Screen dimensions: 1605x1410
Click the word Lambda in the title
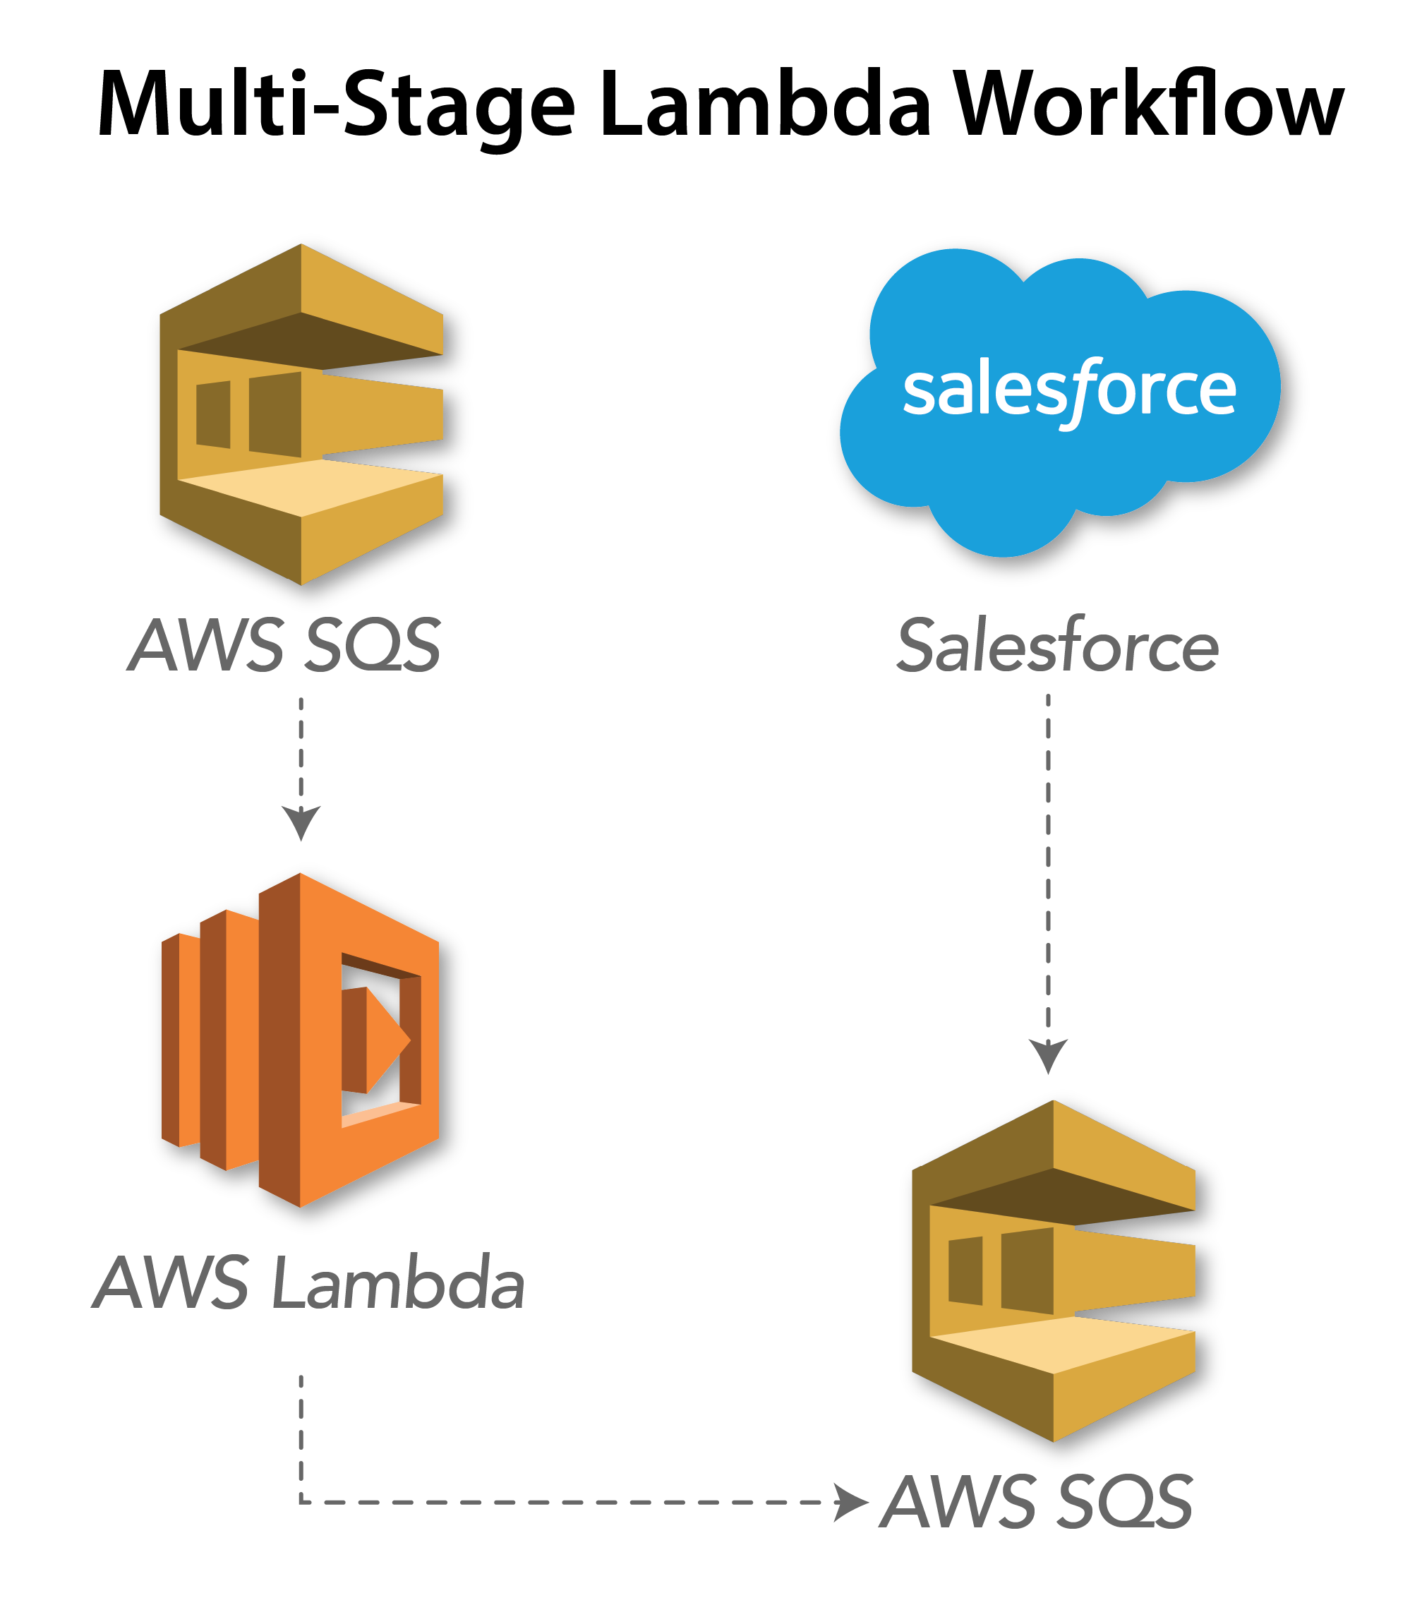765,104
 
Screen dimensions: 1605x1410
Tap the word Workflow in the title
1150,104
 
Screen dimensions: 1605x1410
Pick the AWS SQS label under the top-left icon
284,645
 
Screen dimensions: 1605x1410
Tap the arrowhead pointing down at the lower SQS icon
1048,1054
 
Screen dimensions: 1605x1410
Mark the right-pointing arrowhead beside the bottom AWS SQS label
850,1502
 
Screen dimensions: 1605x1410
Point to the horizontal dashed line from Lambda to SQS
565,1502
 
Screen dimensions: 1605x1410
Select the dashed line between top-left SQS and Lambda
301,746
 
